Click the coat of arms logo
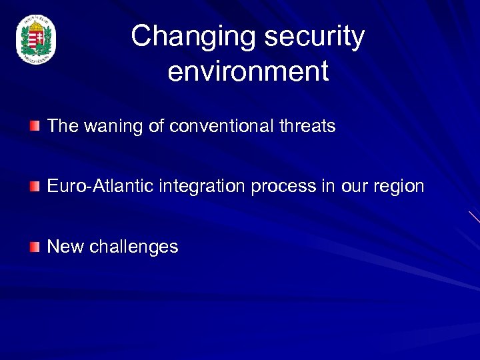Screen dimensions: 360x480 pos(36,41)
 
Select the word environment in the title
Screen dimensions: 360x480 pos(248,71)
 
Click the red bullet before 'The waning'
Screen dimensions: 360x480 pos(35,126)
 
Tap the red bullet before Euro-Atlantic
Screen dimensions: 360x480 pos(35,186)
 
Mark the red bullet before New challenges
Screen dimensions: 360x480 pos(35,247)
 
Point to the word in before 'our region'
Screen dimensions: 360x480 pos(327,186)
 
